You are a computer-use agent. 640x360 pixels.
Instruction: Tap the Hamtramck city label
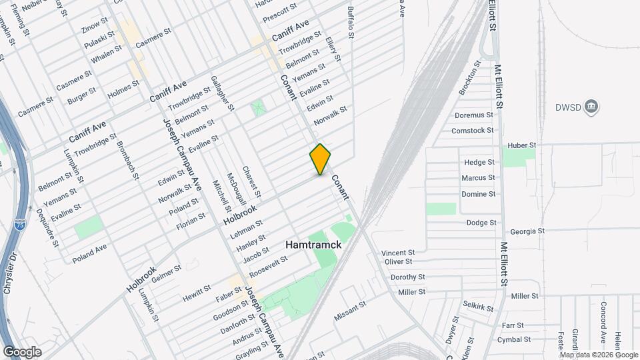[313, 245]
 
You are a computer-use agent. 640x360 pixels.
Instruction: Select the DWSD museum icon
[591, 107]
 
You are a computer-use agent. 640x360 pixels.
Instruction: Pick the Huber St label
[522, 145]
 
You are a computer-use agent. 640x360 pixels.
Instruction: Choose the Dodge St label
[481, 223]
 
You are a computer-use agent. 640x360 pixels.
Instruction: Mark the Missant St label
[351, 311]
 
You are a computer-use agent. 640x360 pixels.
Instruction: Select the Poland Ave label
[89, 253]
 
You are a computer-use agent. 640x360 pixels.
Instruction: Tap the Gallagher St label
[223, 93]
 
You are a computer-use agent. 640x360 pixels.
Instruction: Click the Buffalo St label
[352, 22]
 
